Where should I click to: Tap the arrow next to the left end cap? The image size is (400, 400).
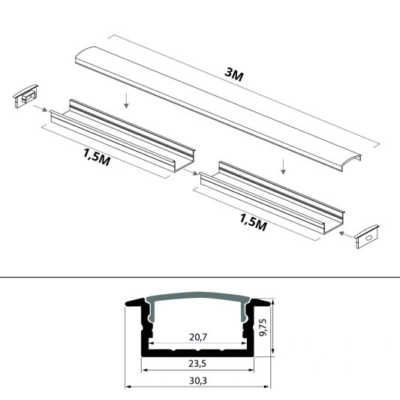pos(42,110)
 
